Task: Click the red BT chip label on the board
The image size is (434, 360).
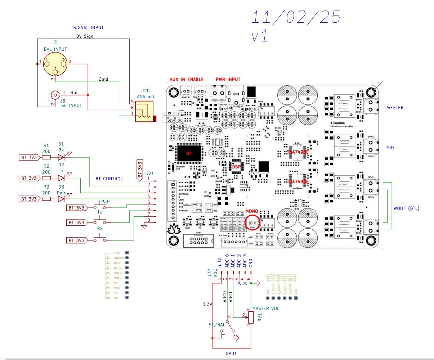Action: (189, 153)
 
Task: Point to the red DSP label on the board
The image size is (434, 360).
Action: (236, 167)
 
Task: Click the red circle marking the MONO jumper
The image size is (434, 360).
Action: (252, 222)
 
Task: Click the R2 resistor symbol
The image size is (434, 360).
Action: (46, 178)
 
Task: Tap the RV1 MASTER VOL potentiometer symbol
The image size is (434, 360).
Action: (251, 317)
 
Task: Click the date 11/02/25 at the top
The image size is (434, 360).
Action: (295, 17)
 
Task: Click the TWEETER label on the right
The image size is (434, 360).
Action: (394, 108)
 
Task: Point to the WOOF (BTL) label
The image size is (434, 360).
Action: (406, 208)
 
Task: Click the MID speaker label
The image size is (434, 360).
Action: (390, 148)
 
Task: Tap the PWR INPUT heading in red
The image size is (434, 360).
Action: (228, 79)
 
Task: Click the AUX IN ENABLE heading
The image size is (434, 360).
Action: (187, 79)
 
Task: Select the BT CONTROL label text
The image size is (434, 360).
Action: (109, 179)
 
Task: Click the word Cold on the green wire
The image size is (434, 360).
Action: (103, 79)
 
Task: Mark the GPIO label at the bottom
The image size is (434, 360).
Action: (231, 354)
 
